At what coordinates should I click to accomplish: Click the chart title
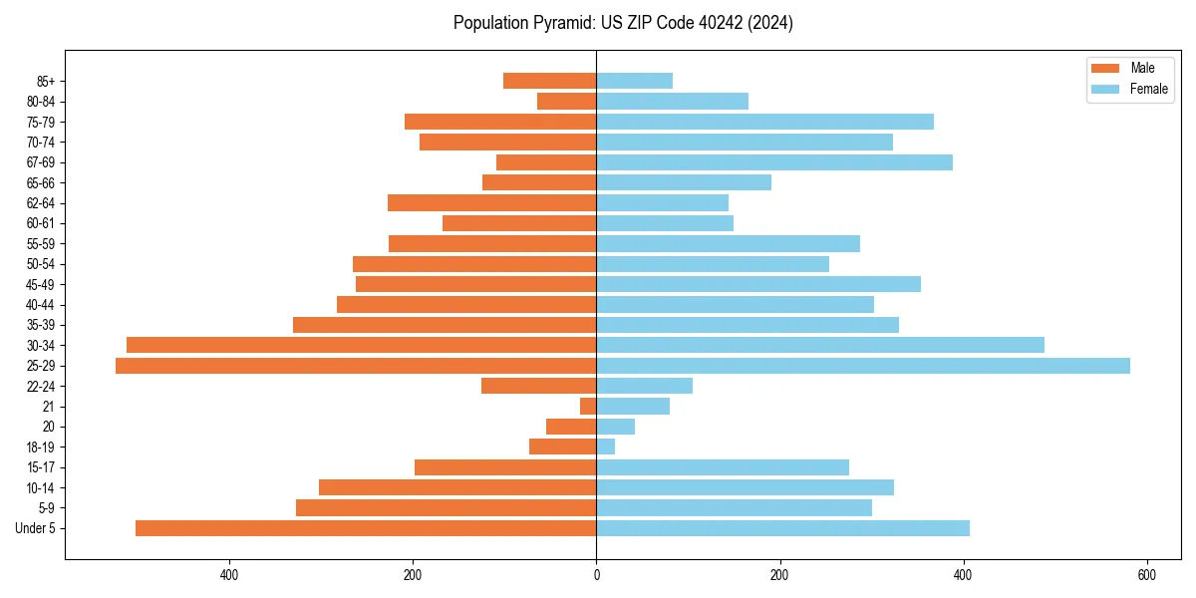pos(623,23)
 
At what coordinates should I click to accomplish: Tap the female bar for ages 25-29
pos(863,366)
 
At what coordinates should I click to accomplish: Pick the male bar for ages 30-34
pos(361,345)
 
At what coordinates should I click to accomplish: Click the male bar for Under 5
pos(366,528)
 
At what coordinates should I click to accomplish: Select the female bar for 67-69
pos(774,162)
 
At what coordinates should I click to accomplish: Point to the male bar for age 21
pos(588,407)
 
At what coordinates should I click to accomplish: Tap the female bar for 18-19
pos(606,447)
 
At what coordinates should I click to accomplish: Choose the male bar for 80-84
pos(566,102)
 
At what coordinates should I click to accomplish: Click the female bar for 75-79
pos(764,122)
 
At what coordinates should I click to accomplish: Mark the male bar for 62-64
pos(491,203)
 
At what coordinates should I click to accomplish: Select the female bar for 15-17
pos(723,467)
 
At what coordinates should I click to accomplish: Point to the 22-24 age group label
pos(41,386)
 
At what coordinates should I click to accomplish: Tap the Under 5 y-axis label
pos(36,528)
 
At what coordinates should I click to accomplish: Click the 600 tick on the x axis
pos(1146,575)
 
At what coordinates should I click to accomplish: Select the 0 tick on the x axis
pos(596,575)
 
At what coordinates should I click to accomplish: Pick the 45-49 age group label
pos(41,284)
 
